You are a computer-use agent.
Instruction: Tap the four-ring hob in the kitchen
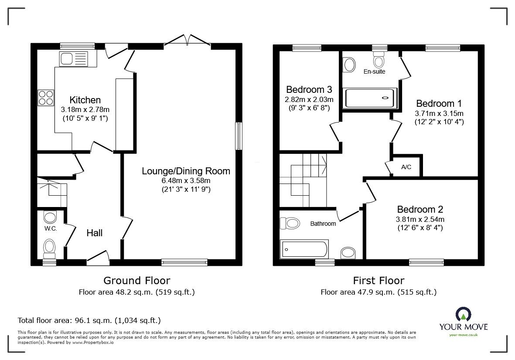(46, 98)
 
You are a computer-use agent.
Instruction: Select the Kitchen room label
(85, 100)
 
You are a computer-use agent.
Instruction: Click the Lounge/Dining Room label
(186, 171)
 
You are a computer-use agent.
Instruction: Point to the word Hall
(95, 233)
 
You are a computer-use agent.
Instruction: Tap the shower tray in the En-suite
(371, 98)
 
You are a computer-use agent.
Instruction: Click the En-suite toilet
(379, 58)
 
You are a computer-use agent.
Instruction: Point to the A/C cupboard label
(406, 167)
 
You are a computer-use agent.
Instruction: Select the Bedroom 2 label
(419, 210)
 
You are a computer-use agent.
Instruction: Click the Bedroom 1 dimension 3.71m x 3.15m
(439, 113)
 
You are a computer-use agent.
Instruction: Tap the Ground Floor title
(136, 280)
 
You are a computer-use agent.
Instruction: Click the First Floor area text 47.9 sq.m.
(379, 292)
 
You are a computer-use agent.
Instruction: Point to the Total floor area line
(89, 320)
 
